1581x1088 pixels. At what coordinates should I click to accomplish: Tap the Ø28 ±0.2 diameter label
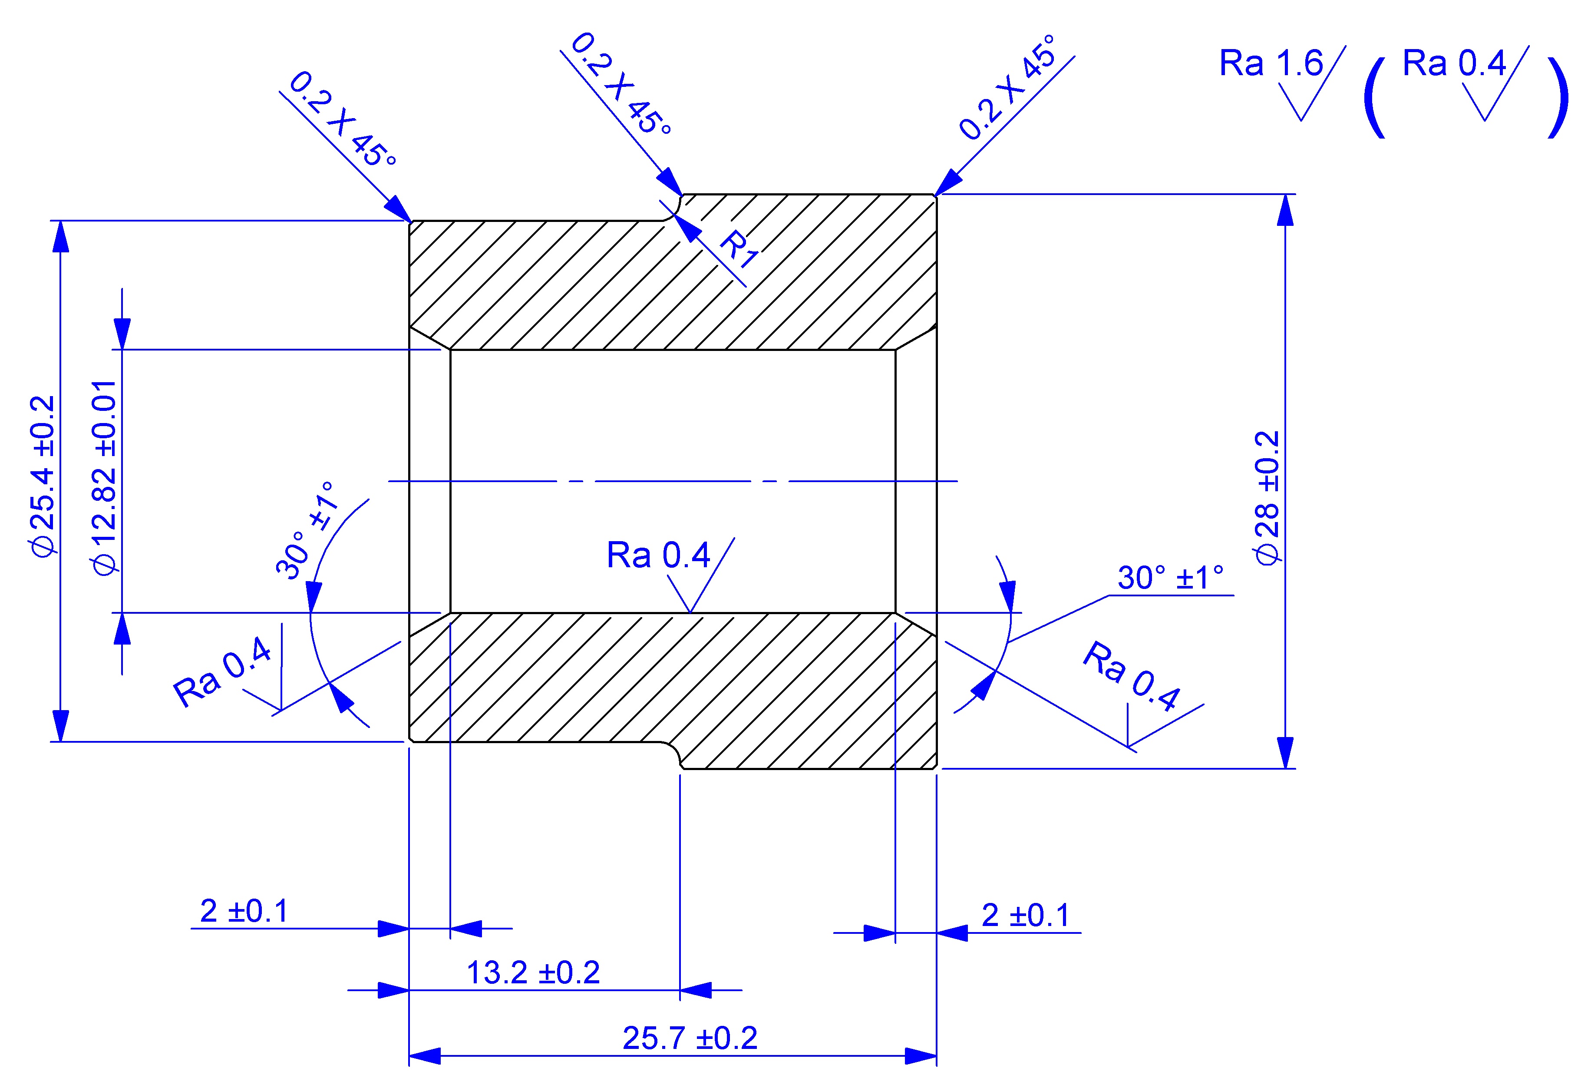(x=1267, y=498)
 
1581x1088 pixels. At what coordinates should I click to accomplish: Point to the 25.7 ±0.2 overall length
(x=690, y=1038)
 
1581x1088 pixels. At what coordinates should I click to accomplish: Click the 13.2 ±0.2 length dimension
(x=533, y=973)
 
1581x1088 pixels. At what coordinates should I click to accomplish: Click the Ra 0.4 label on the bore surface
(x=658, y=556)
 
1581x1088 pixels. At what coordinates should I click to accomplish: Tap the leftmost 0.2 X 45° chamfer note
(x=343, y=120)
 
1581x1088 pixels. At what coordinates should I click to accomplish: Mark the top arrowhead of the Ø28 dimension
(x=1284, y=210)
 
